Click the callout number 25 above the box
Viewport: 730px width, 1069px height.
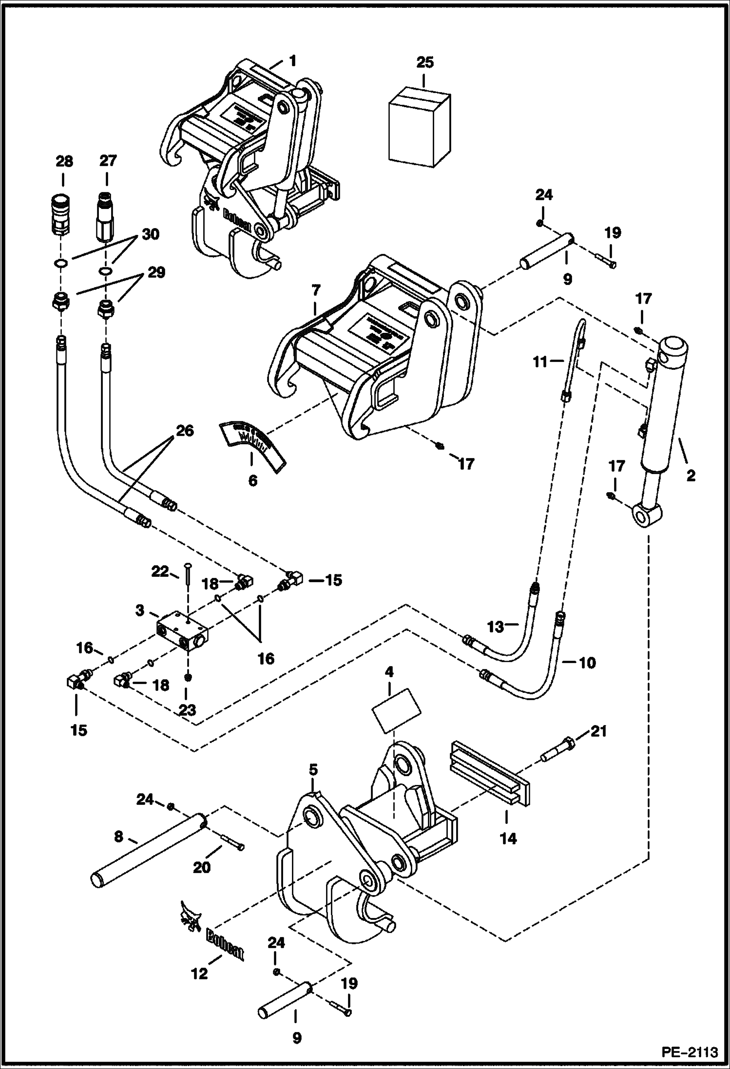(x=424, y=63)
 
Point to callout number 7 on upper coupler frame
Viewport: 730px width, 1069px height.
(x=315, y=291)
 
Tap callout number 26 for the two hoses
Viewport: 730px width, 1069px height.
(x=186, y=431)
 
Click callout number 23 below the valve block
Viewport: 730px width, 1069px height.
(x=187, y=710)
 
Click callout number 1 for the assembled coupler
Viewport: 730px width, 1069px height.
(x=292, y=61)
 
